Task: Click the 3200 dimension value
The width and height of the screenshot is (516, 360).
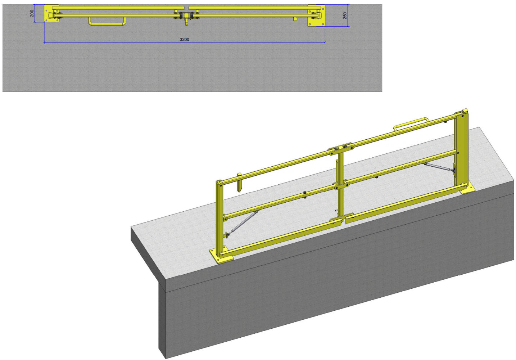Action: [x=184, y=39]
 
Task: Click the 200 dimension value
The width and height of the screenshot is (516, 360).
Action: [x=32, y=13]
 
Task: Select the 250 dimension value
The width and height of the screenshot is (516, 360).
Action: [x=345, y=15]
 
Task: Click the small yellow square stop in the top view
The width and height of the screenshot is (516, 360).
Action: [x=295, y=18]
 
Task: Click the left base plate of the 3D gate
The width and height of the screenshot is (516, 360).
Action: [x=220, y=255]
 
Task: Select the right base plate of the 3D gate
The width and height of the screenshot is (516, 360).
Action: [x=468, y=188]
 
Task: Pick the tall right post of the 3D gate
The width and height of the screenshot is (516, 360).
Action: [x=461, y=151]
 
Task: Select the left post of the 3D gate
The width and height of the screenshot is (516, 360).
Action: [x=218, y=216]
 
